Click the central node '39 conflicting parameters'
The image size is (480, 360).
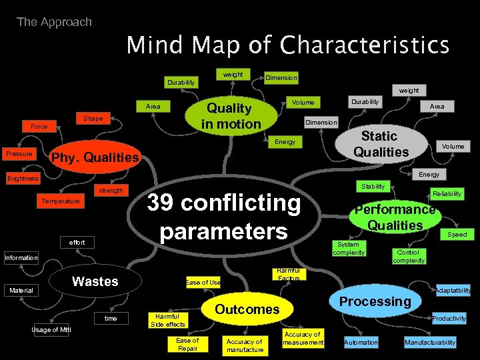(x=223, y=217)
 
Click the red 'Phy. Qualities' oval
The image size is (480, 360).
(x=95, y=158)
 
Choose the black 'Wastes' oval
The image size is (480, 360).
(x=95, y=281)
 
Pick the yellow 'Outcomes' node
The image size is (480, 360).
(x=247, y=309)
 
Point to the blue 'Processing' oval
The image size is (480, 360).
(x=375, y=301)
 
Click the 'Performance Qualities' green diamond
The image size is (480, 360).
(x=395, y=217)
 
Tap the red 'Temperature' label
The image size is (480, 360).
(x=60, y=201)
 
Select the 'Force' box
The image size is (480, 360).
(x=39, y=126)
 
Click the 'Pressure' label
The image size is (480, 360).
(x=19, y=154)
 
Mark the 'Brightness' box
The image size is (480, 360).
(x=23, y=179)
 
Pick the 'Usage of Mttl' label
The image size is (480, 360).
(x=51, y=330)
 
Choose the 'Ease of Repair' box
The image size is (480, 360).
(x=187, y=344)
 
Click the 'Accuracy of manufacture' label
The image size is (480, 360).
(x=245, y=345)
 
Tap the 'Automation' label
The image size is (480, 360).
(x=361, y=342)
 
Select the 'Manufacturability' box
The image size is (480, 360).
(x=430, y=342)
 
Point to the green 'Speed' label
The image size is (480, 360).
(x=457, y=235)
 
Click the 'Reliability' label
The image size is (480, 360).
(x=447, y=194)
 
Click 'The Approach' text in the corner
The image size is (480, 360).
(x=54, y=22)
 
